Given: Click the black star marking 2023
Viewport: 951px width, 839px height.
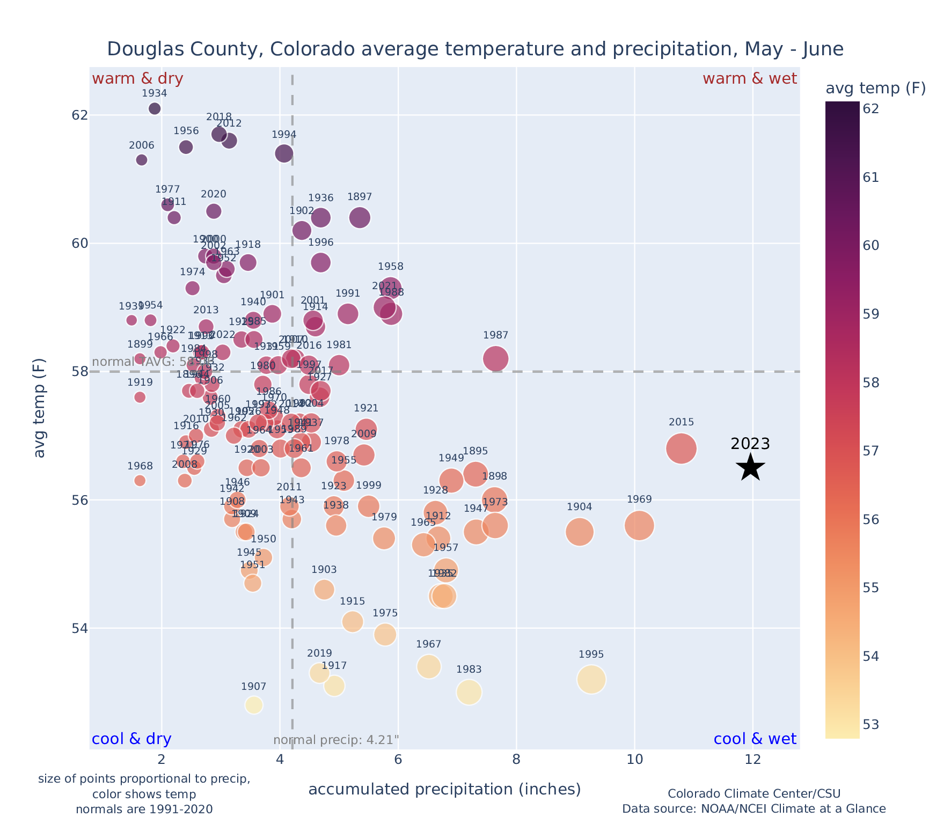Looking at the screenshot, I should [751, 467].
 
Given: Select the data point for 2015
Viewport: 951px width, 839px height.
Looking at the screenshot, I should [681, 448].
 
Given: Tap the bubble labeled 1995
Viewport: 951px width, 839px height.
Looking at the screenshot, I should [591, 680].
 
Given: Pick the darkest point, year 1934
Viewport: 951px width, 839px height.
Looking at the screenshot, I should [155, 109].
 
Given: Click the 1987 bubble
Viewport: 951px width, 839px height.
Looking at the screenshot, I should [495, 358].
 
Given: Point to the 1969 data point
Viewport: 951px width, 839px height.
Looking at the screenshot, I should [639, 526].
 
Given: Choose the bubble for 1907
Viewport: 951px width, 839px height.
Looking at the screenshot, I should [254, 705].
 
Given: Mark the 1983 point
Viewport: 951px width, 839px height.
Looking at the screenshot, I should [469, 692].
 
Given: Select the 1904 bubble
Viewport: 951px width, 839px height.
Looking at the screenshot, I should [579, 532].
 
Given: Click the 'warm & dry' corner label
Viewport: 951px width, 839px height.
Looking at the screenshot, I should [137, 79].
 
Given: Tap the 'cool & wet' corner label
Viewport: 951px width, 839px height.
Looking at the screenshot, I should [755, 739].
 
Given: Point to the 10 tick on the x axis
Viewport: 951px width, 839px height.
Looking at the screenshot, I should [634, 760].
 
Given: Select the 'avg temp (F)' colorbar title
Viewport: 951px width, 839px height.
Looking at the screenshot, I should [875, 88].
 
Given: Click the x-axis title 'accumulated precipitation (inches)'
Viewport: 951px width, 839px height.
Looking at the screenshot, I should [444, 789].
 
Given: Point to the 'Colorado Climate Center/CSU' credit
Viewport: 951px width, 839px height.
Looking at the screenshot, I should [754, 793].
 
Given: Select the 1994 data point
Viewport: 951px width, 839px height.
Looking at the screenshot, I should [284, 153].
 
